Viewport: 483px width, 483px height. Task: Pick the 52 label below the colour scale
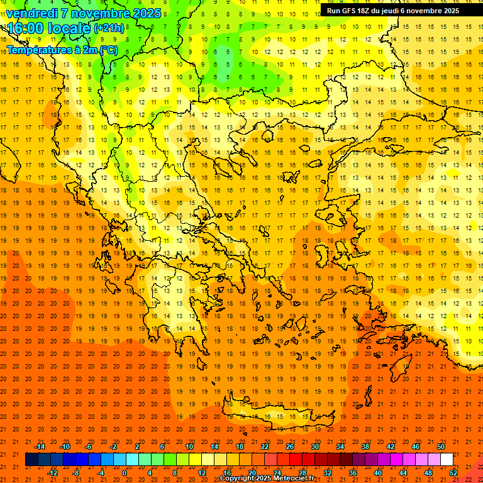click(454, 473)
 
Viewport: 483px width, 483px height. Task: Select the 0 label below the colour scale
click(124, 473)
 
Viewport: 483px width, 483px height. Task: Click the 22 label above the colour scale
click(265, 447)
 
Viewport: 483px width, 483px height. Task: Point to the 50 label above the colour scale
click(441, 447)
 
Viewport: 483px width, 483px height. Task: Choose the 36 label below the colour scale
click(353, 473)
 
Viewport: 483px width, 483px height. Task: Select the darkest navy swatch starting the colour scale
click(31, 460)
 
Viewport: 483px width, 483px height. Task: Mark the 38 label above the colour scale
click(365, 447)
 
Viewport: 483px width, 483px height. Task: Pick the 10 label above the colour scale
click(189, 447)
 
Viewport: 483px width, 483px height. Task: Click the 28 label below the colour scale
click(303, 473)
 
